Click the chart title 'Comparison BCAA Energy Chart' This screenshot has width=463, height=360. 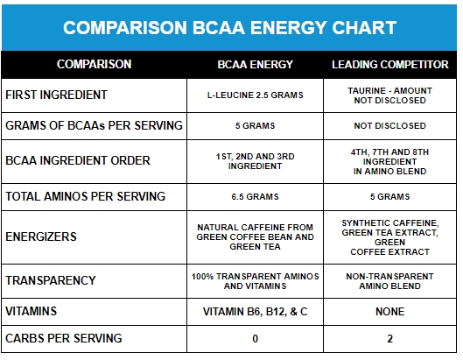[x=229, y=28]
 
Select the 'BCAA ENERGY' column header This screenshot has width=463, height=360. [x=255, y=65]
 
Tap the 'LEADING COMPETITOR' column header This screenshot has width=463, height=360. [x=390, y=65]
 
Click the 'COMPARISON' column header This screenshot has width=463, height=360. [x=95, y=64]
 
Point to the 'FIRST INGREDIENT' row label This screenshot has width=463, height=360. [x=56, y=95]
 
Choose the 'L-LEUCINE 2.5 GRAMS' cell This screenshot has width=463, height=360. [x=255, y=95]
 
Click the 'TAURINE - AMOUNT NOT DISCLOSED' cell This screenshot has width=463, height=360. [x=389, y=95]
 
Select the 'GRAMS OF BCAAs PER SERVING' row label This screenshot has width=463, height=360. [x=94, y=125]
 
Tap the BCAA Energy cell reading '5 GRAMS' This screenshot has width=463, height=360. [x=255, y=126]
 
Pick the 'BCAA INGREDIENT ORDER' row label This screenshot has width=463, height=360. [x=78, y=160]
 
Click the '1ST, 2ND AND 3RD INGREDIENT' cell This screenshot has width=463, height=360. [x=255, y=161]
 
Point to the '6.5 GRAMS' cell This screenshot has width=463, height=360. [x=255, y=197]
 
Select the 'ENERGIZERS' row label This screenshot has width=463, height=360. [x=41, y=236]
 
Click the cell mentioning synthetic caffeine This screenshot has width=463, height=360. [x=389, y=237]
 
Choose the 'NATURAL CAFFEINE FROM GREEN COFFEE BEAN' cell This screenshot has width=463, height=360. [x=255, y=237]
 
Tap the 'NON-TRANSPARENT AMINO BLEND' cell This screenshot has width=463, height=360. [x=389, y=281]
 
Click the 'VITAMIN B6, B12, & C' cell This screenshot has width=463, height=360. [x=255, y=312]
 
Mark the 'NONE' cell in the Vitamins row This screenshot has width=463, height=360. [x=389, y=312]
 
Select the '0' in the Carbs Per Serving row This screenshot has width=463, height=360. [x=255, y=339]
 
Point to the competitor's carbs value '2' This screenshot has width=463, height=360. [x=389, y=339]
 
